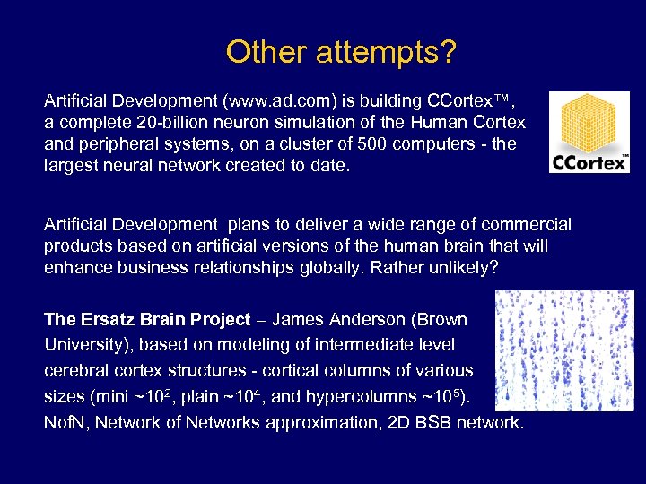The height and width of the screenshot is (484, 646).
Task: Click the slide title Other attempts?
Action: click(341, 51)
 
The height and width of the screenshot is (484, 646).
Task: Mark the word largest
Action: click(71, 165)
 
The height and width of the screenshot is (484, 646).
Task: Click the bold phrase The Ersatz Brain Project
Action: click(147, 319)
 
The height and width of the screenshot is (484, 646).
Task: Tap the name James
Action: click(302, 319)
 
